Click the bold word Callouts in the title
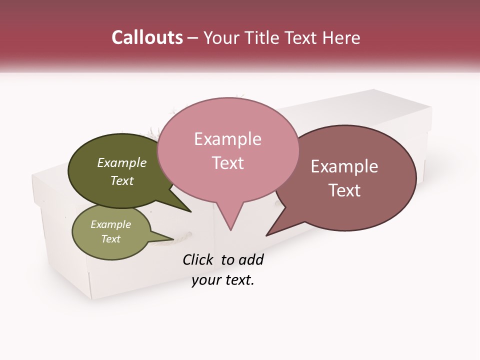(147, 37)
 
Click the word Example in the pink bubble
(227, 139)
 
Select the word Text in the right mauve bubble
(344, 190)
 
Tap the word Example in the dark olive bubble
(122, 163)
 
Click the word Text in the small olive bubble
(111, 239)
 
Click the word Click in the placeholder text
(198, 259)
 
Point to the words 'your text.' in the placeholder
(223, 280)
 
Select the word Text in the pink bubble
(227, 163)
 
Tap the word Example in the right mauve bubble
(344, 166)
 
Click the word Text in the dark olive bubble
(122, 181)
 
